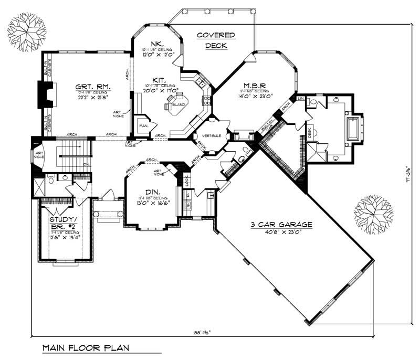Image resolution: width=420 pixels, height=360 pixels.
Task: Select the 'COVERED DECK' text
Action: click(x=215, y=40)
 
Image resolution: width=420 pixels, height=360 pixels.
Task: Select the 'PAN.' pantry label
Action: click(x=142, y=126)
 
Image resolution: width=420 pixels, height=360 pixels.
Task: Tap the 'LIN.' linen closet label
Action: click(x=301, y=99)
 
